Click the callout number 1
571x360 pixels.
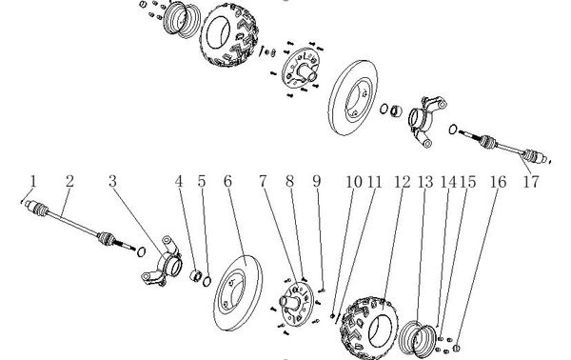pos(33,181)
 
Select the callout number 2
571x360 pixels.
pos(69,181)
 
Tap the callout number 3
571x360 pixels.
pos(113,181)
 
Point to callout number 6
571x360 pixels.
pos(227,181)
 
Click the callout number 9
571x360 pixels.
pos(317,181)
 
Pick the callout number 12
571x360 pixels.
pos(402,182)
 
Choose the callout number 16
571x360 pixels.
pos(498,182)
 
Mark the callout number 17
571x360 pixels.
pos(531,182)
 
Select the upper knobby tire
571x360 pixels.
pos(230,34)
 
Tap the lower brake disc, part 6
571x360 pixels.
pos(237,293)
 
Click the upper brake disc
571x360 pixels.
pos(353,98)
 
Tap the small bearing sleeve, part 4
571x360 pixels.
pos(196,275)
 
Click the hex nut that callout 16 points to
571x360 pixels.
pos(456,349)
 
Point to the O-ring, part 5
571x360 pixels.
pos(207,281)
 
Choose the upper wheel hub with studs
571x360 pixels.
pos(302,69)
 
